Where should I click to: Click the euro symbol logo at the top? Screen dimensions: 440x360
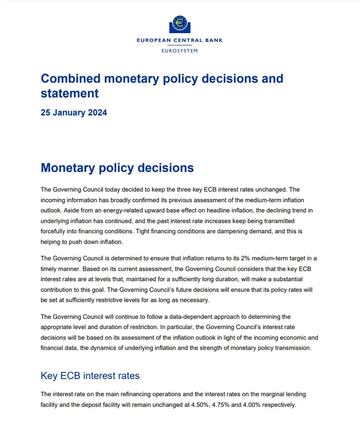click(180, 23)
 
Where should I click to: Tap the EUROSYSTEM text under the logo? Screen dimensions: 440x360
click(180, 51)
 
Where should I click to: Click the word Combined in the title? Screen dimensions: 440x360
click(71, 78)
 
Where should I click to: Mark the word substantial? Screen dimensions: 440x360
click(286, 279)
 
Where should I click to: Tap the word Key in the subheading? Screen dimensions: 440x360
click(49, 376)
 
